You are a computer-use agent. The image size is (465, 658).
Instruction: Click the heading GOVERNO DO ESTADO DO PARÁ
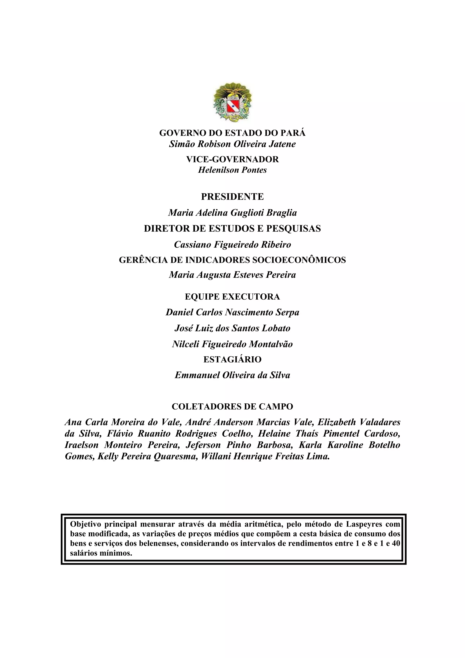[x=232, y=133]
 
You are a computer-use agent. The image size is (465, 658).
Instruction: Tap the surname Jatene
[x=282, y=144]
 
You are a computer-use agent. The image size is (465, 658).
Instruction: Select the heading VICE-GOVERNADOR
[x=232, y=159]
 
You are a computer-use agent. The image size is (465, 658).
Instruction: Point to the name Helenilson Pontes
[x=232, y=170]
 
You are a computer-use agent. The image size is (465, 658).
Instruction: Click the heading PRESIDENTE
[x=232, y=197]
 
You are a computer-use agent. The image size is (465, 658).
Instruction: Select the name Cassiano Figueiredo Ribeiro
[x=232, y=244]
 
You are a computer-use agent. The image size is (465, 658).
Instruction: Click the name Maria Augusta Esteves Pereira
[x=232, y=275]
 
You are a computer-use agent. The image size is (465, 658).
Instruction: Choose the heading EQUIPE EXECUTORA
[x=232, y=297]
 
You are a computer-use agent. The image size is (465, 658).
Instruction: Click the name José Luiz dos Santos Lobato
[x=232, y=328]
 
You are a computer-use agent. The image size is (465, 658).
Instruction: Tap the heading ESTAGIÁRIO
[x=232, y=359]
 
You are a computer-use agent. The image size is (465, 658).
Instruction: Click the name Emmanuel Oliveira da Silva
[x=232, y=375]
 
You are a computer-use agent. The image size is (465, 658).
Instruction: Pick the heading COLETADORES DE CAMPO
[x=232, y=406]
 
